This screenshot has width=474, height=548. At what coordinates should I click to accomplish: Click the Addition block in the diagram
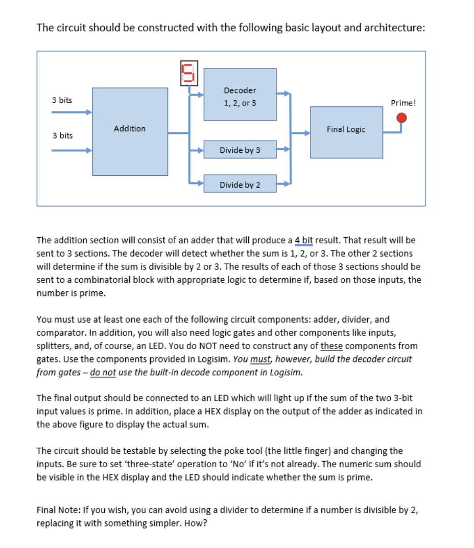(x=130, y=131)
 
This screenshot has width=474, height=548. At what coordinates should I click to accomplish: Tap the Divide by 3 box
(x=240, y=150)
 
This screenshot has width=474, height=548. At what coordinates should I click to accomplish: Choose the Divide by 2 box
(x=240, y=185)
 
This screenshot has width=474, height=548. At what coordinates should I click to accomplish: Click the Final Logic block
(x=346, y=132)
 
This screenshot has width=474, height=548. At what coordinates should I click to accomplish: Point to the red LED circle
(x=402, y=118)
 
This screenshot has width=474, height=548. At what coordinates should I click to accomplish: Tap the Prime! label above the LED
(x=404, y=103)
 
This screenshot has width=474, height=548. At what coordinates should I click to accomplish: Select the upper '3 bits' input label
(x=62, y=100)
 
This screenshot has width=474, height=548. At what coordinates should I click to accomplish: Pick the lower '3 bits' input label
(x=62, y=135)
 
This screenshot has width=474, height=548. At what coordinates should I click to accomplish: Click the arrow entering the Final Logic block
(x=304, y=132)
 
